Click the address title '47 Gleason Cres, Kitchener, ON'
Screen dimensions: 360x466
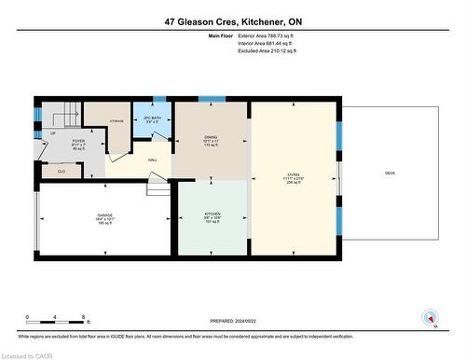click(x=233, y=20)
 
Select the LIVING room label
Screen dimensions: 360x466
click(x=294, y=173)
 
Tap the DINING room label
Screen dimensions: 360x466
click(x=211, y=137)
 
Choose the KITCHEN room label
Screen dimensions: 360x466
click(x=212, y=215)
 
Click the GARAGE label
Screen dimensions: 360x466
click(x=104, y=216)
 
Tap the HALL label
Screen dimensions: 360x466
click(x=152, y=159)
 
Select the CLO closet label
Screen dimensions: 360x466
click(x=62, y=172)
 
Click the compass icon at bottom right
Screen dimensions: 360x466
click(x=429, y=317)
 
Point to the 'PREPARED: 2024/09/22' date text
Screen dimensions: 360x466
click(x=233, y=320)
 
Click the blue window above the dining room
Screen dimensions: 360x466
click(x=212, y=98)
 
